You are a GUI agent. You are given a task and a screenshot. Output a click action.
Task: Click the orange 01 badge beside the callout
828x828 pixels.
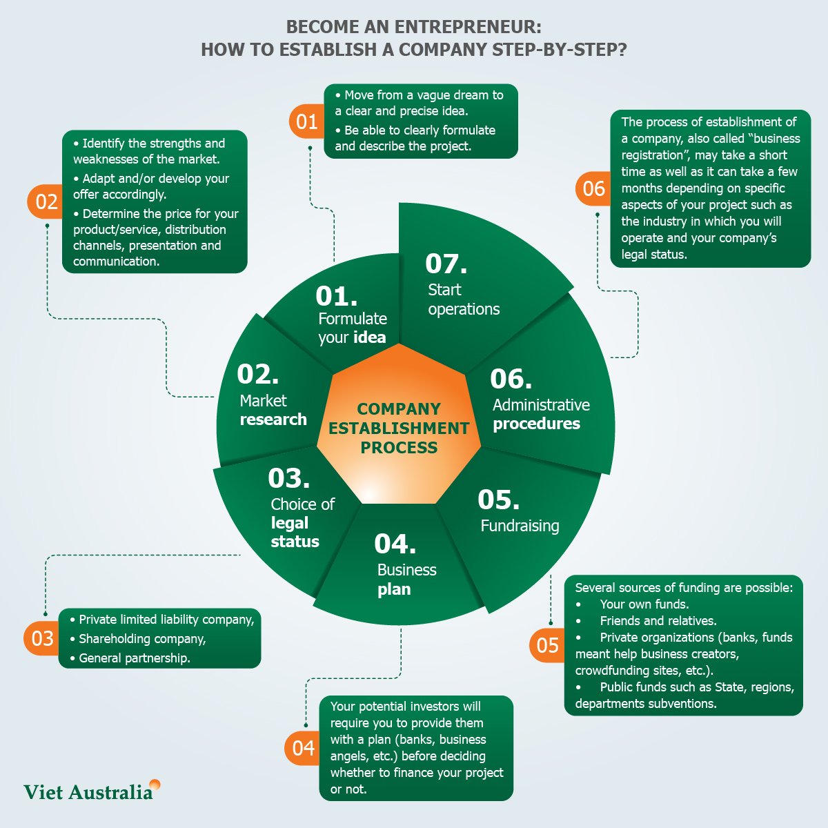307,121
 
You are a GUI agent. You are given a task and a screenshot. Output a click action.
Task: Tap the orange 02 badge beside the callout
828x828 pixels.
46,202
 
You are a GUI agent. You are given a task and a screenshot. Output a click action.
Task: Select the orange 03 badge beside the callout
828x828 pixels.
42,638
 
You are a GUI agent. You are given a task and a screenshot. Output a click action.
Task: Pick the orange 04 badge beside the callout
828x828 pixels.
303,749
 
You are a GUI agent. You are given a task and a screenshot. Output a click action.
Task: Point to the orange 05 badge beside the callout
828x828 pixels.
547,645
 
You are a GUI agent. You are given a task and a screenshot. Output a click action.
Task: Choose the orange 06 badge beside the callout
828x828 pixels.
593,188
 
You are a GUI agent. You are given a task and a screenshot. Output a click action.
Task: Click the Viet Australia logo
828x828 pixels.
92,791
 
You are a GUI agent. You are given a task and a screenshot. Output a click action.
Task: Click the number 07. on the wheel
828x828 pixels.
446,264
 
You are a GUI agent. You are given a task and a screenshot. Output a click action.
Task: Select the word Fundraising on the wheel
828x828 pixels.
520,526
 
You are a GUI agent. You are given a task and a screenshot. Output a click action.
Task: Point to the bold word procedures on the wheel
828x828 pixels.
536,424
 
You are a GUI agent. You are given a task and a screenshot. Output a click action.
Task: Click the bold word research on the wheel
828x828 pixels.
273,420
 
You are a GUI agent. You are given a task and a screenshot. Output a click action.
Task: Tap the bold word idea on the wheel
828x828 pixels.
369,337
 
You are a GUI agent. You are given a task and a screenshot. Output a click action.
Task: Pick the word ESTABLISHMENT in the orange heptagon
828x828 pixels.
399,428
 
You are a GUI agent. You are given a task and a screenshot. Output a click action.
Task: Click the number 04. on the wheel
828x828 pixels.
395,544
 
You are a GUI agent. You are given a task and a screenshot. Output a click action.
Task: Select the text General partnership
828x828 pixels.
135,658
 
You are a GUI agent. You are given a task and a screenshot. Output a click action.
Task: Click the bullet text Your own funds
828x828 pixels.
644,604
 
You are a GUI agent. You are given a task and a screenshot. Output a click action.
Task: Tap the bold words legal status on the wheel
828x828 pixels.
295,532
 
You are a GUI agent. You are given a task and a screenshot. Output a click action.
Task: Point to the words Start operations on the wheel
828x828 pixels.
464,299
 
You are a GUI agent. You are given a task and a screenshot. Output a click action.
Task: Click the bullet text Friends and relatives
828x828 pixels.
658,621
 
